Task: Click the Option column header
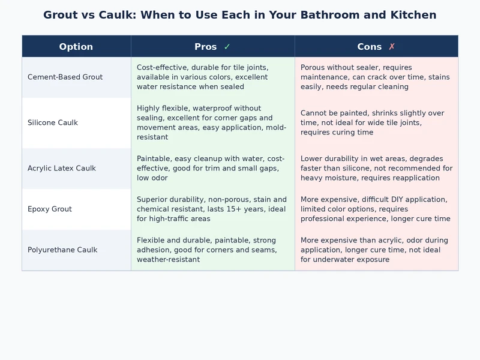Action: coord(76,47)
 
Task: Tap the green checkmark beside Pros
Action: coord(227,47)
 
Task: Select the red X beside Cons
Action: coord(392,47)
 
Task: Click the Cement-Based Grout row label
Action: coord(65,77)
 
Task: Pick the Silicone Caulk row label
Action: coord(53,123)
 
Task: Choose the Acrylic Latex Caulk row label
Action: coord(62,169)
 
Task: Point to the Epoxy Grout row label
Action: coord(50,209)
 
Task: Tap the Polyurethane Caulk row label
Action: coord(62,250)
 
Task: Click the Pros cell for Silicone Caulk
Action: coord(212,123)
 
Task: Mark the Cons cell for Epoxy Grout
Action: coord(376,209)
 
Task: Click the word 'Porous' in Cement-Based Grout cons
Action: coord(314,68)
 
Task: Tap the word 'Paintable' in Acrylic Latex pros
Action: coord(154,159)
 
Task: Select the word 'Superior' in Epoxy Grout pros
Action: coord(153,200)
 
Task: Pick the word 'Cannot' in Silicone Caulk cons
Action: coord(314,113)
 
